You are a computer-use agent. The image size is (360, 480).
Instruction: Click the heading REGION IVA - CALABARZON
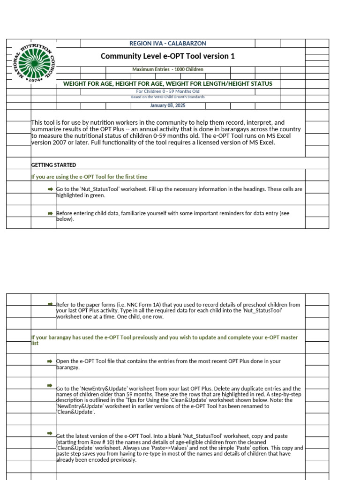[x=167, y=44]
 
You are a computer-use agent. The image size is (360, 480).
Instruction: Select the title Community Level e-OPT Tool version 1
[x=167, y=56]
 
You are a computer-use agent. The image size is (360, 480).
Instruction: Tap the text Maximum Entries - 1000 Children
[x=167, y=69]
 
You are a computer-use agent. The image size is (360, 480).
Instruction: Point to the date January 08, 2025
[x=167, y=105]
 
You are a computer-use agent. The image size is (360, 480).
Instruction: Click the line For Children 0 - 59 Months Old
[x=167, y=91]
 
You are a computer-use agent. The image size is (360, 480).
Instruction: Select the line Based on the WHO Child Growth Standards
[x=167, y=97]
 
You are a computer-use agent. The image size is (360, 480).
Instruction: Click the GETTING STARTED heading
[x=53, y=165]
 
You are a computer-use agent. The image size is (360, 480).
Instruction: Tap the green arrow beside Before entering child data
[x=50, y=213]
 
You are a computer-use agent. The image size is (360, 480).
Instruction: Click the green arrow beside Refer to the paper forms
[x=50, y=304]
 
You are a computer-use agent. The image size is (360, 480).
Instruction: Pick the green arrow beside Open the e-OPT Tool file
[x=50, y=361]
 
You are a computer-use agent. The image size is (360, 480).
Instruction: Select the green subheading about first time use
[x=89, y=177]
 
